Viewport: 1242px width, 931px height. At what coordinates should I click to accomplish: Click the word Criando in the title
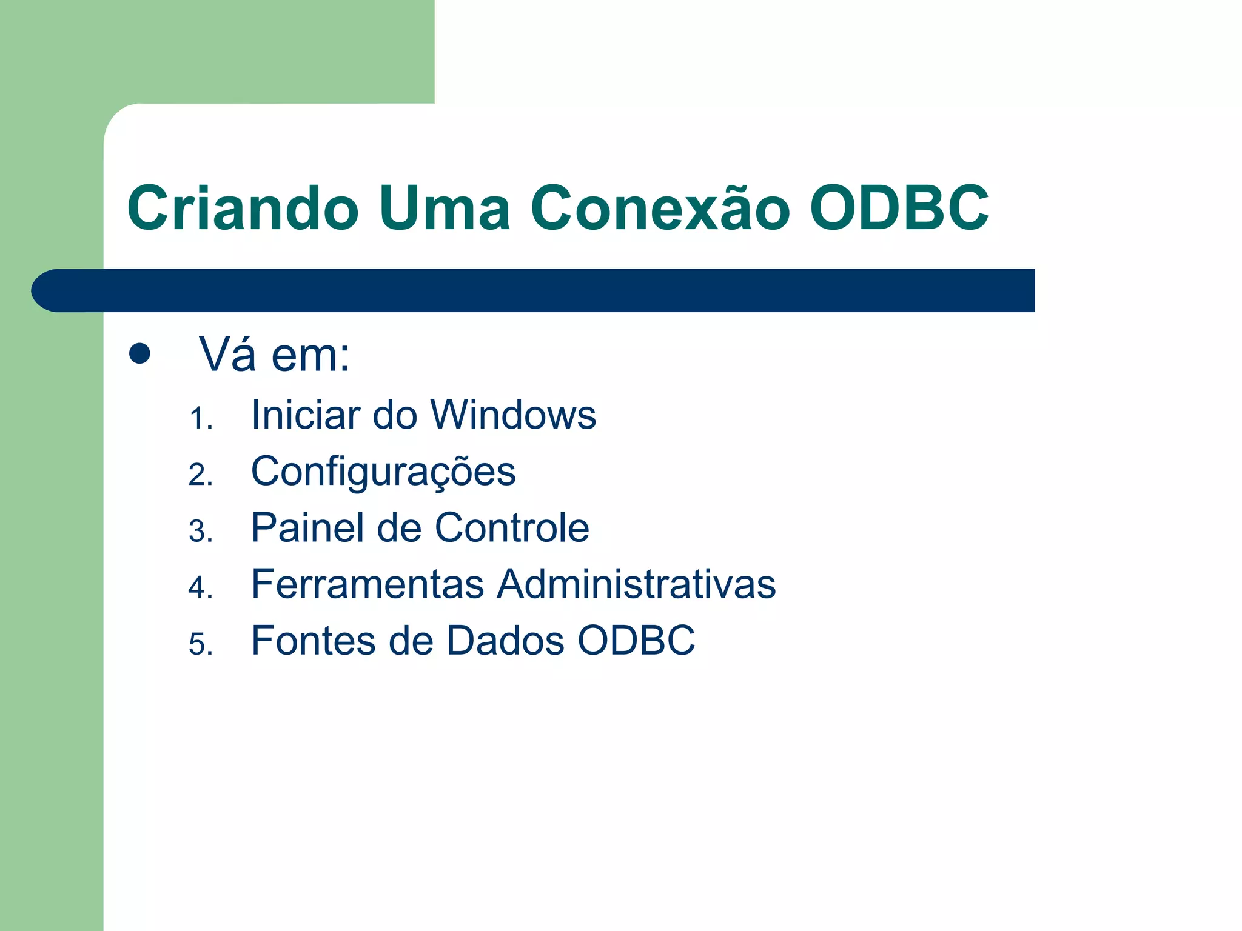coord(243,208)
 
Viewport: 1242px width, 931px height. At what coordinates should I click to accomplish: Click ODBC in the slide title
coord(899,208)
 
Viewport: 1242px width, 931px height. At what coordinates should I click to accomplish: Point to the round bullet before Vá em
coord(139,353)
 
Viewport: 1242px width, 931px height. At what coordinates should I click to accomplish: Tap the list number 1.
coord(200,419)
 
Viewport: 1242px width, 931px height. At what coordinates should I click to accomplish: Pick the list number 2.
coord(200,475)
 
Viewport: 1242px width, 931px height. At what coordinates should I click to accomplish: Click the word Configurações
coord(383,472)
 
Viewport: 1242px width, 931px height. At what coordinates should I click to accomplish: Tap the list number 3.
coord(200,532)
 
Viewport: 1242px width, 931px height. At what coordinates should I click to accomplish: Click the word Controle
coord(512,527)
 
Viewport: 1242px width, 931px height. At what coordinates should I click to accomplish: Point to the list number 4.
coord(200,587)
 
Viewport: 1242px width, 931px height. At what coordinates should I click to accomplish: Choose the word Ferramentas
coord(368,584)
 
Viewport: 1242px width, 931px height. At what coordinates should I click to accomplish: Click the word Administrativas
coord(636,584)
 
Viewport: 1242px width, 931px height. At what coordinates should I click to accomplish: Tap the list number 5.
coord(200,644)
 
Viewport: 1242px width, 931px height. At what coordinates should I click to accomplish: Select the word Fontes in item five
coord(313,640)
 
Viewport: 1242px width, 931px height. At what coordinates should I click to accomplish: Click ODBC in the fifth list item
coord(636,640)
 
